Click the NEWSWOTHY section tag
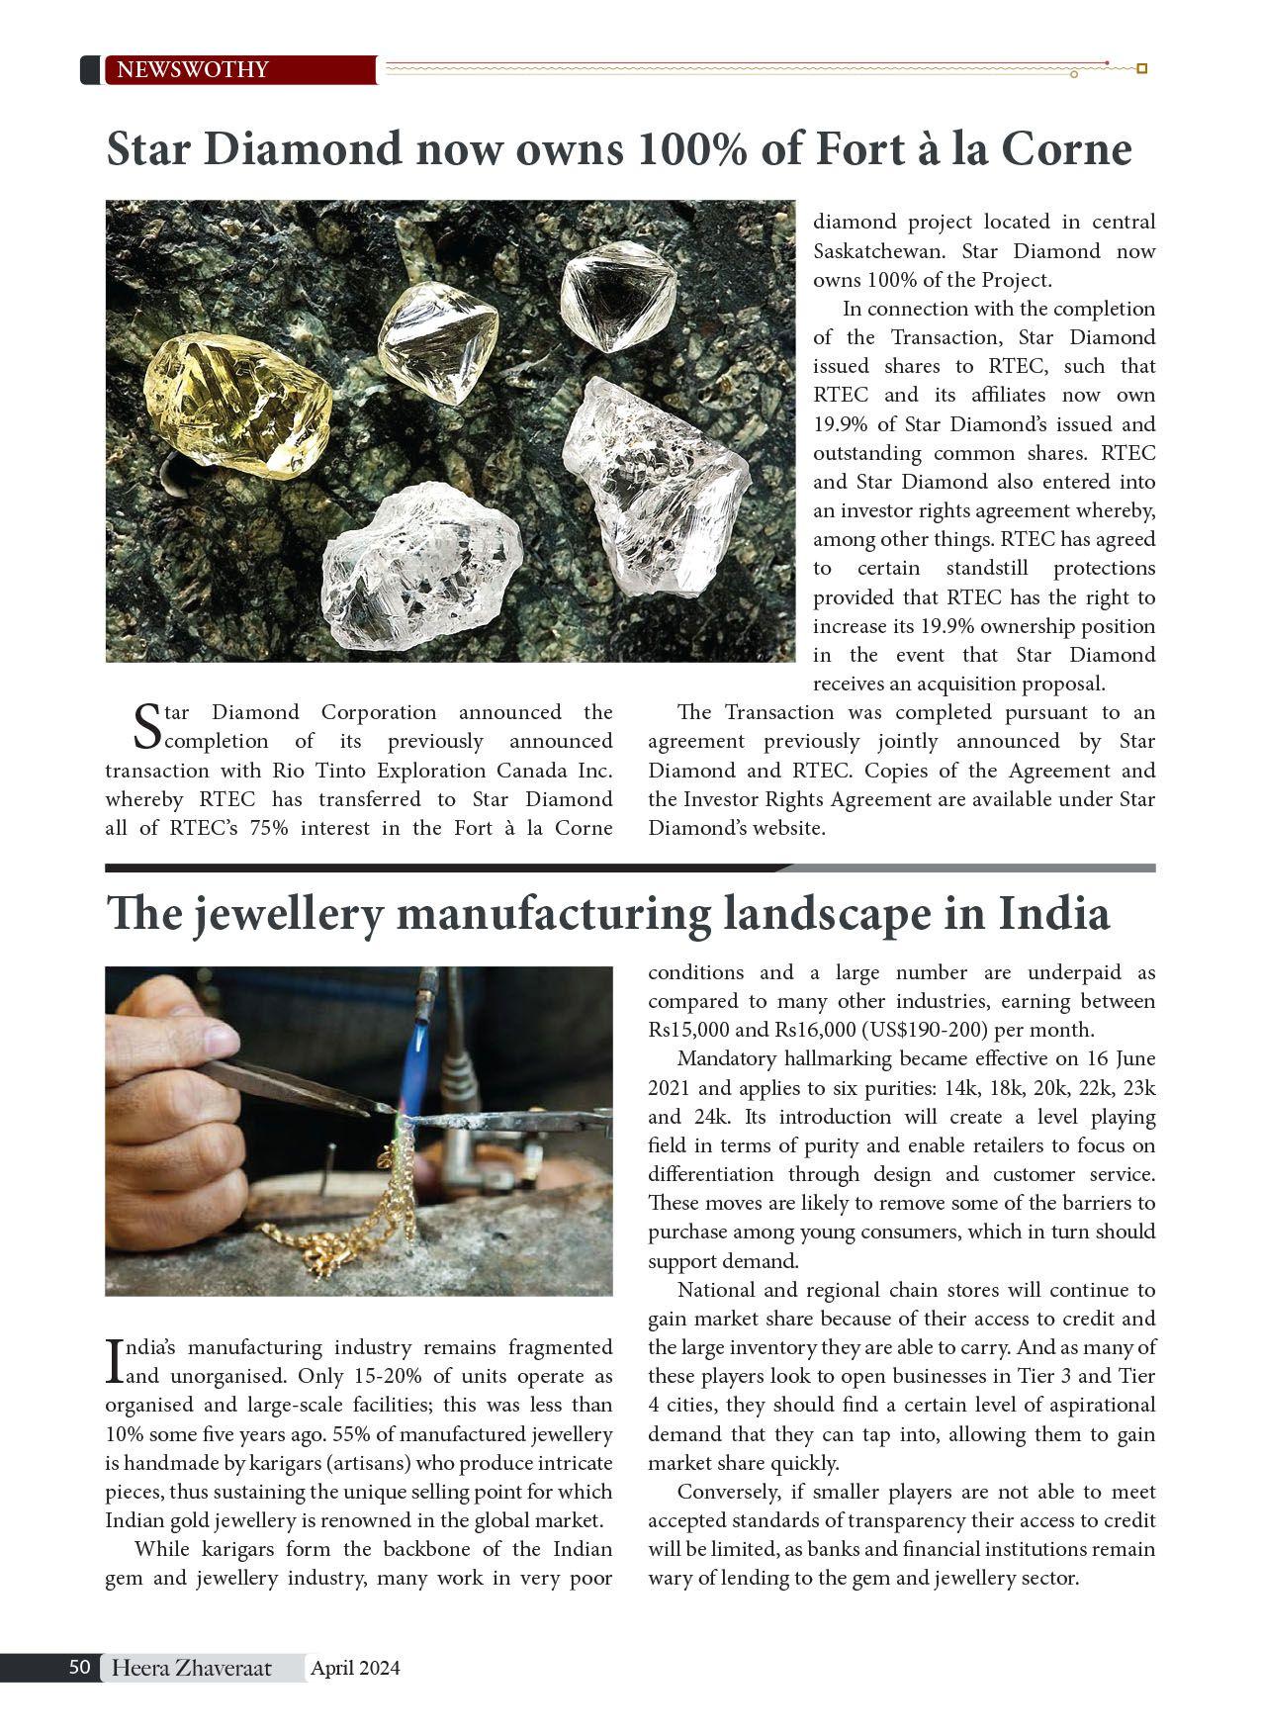click(193, 70)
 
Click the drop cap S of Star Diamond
click(145, 726)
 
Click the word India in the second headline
click(1054, 914)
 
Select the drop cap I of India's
click(114, 1361)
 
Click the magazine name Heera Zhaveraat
click(191, 1669)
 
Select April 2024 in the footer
click(355, 1669)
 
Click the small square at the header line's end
click(1142, 69)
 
